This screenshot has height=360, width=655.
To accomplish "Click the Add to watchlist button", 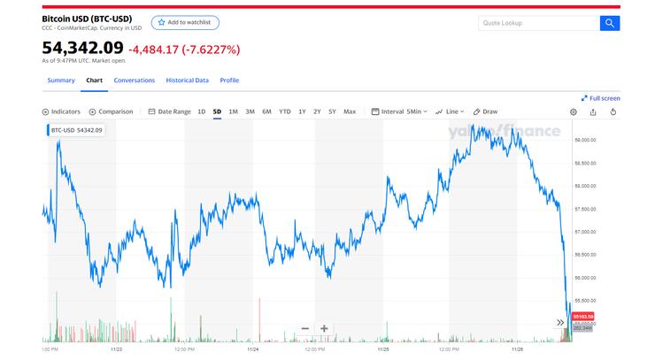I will coord(185,22).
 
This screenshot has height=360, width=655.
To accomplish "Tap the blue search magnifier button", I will coord(610,23).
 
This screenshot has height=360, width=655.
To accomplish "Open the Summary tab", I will coord(61,80).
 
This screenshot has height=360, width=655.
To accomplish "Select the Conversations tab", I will coord(135,80).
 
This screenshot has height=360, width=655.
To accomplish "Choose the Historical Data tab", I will coord(188,80).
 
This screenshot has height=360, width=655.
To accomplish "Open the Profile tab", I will coord(229,80).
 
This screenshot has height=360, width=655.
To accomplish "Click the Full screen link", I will coord(601,98).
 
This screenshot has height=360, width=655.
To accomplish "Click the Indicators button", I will coord(62,112).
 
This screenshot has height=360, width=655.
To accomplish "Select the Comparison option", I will coord(111,112).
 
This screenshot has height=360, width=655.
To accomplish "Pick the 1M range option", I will coord(233,112).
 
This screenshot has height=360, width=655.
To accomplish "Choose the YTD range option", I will coord(284,112).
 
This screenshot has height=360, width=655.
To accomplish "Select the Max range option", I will coord(350,112).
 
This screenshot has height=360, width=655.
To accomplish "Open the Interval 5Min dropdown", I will coord(399,112).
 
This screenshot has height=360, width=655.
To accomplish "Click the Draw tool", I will coord(486,112).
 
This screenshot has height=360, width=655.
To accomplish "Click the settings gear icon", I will coord(573,112).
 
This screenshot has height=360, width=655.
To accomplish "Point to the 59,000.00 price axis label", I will coord(585,140).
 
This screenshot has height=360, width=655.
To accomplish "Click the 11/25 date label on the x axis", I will coord(383,349).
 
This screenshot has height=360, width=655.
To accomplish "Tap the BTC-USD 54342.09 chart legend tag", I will coord(75,130).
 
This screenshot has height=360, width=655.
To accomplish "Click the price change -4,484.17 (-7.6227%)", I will coord(184,50).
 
